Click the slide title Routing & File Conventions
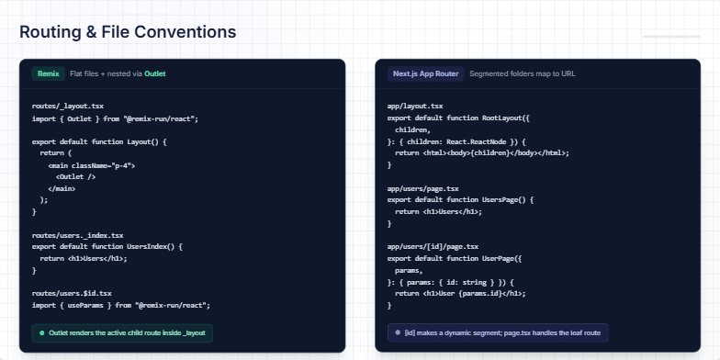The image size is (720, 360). [x=128, y=32]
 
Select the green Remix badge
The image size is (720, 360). [x=49, y=73]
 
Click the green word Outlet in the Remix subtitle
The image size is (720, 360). [x=154, y=73]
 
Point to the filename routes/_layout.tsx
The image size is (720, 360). [x=68, y=107]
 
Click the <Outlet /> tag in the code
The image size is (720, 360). [x=75, y=176]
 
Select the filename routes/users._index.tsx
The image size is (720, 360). [x=77, y=236]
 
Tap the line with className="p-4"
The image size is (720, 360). [x=92, y=165]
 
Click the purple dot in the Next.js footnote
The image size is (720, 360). [x=398, y=332]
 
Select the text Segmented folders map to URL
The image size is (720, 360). [x=522, y=73]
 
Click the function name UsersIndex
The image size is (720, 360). [x=153, y=247]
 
